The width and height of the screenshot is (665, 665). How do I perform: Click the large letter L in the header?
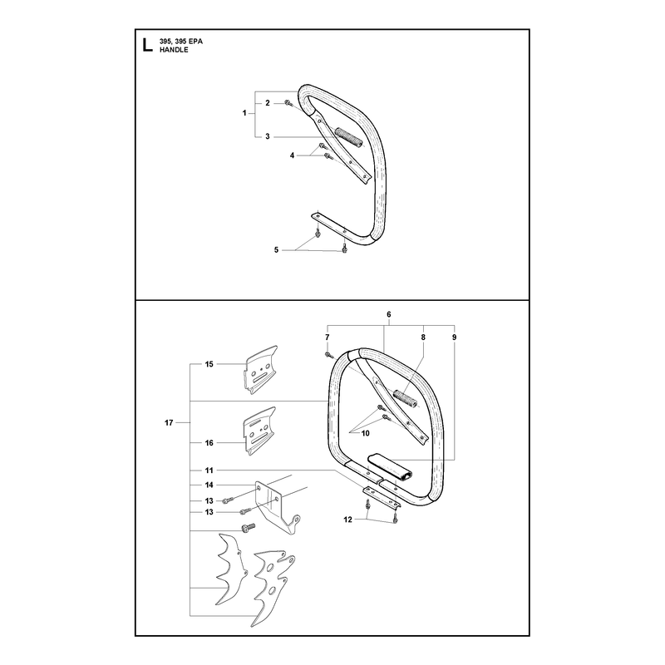[x=147, y=45]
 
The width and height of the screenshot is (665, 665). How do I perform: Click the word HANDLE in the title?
[x=174, y=50]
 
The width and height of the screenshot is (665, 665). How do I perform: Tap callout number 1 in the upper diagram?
[x=244, y=113]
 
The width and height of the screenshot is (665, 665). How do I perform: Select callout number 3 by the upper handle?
[x=267, y=136]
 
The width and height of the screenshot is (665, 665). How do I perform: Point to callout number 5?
[x=276, y=250]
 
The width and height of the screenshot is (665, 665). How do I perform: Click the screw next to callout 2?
[x=288, y=102]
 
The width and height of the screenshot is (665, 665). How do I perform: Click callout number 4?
[x=292, y=155]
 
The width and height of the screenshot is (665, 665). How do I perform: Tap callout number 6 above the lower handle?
[x=389, y=314]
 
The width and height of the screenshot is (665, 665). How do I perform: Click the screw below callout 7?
[x=328, y=355]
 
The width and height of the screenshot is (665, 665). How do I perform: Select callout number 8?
[x=423, y=337]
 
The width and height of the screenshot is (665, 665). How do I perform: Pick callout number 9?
[x=454, y=337]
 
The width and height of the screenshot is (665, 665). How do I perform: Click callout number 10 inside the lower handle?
[x=366, y=433]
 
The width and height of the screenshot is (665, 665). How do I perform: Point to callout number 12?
[x=347, y=520]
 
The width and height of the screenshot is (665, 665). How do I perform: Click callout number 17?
[x=169, y=422]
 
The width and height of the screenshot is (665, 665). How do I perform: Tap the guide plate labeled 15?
[x=261, y=370]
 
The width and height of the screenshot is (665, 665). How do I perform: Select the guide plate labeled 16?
[x=259, y=431]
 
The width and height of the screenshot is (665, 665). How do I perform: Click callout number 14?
[x=209, y=485]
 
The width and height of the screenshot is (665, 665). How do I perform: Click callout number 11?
[x=209, y=470]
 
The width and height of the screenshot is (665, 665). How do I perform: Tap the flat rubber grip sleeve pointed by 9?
[x=391, y=466]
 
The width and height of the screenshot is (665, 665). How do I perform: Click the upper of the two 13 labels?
[x=209, y=501]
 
